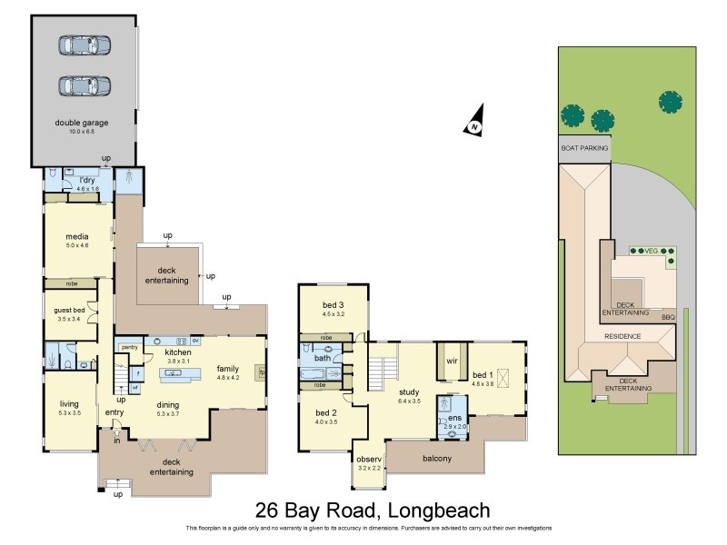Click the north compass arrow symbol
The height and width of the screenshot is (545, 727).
tap(473, 126)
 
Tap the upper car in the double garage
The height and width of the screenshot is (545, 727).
tap(84, 45)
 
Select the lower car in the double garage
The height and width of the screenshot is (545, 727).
tap(84, 85)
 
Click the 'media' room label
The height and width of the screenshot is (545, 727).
tap(76, 237)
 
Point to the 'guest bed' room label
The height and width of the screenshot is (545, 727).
tap(70, 311)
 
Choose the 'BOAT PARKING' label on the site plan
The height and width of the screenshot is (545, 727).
tap(583, 146)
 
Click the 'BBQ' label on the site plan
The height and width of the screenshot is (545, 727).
tap(668, 317)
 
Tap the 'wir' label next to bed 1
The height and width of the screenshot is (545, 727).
tap(451, 361)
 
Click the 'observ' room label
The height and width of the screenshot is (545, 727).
tap(368, 458)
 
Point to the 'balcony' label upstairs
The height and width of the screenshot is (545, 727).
tap(437, 459)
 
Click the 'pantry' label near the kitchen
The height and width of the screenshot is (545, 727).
tap(129, 346)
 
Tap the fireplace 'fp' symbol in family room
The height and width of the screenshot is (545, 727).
tap(262, 372)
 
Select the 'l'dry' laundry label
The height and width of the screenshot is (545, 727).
tap(88, 181)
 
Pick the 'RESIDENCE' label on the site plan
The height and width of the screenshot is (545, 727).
tap(623, 336)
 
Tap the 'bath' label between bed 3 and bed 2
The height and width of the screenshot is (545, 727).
tap(323, 358)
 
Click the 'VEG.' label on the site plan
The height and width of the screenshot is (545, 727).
tap(651, 251)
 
